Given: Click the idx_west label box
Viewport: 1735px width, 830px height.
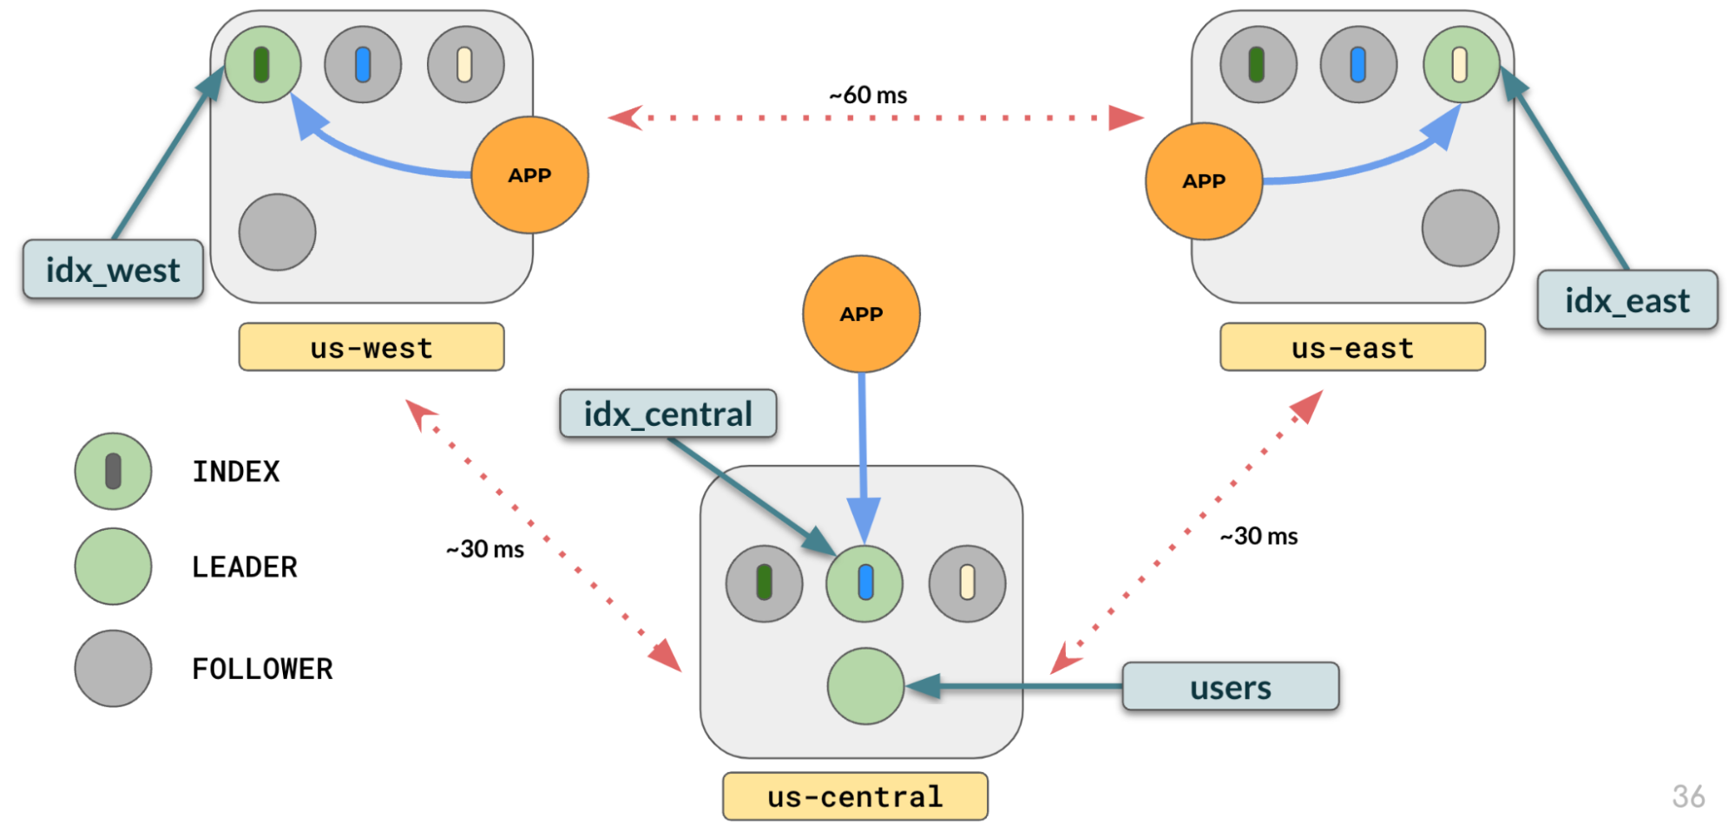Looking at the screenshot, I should pyautogui.click(x=113, y=270).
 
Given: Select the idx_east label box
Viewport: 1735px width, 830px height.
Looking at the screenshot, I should pyautogui.click(x=1627, y=300).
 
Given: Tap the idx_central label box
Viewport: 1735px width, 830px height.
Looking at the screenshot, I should pyautogui.click(x=667, y=414).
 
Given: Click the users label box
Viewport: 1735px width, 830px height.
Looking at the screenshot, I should pyautogui.click(x=1230, y=687).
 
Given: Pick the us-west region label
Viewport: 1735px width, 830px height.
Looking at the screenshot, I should pyautogui.click(x=371, y=348).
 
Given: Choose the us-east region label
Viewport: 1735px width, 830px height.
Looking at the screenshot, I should pyautogui.click(x=1352, y=348).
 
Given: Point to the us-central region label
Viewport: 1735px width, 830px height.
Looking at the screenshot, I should pyautogui.click(x=855, y=796).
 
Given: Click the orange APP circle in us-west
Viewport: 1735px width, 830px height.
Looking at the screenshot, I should pyautogui.click(x=529, y=175).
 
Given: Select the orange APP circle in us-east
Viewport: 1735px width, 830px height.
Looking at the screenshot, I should pyautogui.click(x=1204, y=181).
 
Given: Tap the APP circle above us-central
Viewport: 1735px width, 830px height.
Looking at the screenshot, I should pyautogui.click(x=861, y=314).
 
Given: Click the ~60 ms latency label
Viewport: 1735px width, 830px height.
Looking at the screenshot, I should pyautogui.click(x=868, y=95).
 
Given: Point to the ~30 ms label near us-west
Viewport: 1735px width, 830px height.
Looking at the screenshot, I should pyautogui.click(x=485, y=549).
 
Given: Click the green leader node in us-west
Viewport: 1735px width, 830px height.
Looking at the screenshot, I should pyautogui.click(x=263, y=65).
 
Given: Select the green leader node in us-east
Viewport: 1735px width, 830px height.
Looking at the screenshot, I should pyautogui.click(x=1461, y=65).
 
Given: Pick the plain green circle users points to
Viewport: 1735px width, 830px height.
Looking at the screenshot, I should pyautogui.click(x=865, y=686).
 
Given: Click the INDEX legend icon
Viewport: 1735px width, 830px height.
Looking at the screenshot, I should pyautogui.click(x=113, y=471).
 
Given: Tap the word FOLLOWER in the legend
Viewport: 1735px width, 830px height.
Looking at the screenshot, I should pyautogui.click(x=262, y=669).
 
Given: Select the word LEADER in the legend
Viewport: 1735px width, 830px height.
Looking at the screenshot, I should pyautogui.click(x=244, y=566).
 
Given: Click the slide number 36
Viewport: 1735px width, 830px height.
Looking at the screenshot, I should pyautogui.click(x=1688, y=796).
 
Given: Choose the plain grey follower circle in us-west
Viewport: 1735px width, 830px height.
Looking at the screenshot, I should pyautogui.click(x=277, y=232).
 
